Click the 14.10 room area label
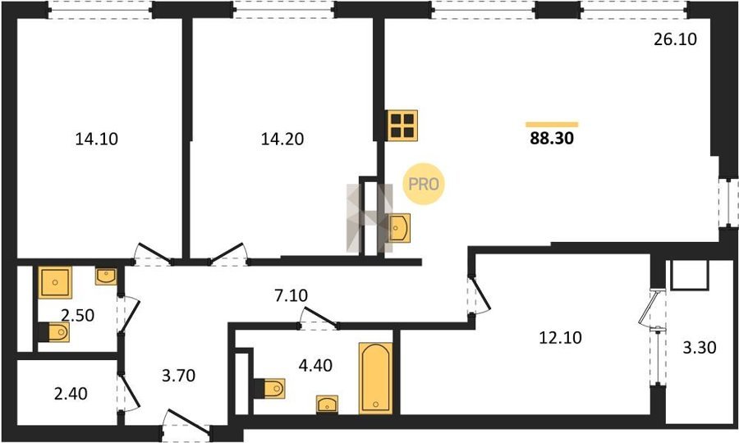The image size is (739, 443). coord(97,139)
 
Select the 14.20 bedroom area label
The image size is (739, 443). coord(282,139)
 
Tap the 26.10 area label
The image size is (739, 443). coord(675,39)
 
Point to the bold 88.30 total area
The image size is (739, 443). coord(552,139)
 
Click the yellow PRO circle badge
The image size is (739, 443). coord(424,184)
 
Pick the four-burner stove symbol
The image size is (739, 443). coord(403,125)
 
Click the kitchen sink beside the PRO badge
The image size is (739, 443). coord(399,228)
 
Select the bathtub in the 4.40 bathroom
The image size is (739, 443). coord(375,378)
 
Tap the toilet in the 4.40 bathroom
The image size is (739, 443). coord(269,388)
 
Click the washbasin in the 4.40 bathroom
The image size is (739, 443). coord(327,404)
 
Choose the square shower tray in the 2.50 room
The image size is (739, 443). coord(55,282)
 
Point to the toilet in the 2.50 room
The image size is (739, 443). coord(53,332)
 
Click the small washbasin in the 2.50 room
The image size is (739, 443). coord(106,276)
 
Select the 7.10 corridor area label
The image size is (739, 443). coord(291,295)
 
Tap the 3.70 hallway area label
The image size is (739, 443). coord(178,376)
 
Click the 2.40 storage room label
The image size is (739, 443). coord(71,393)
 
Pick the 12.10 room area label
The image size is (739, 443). coord(560,337)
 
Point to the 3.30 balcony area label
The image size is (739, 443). coord(700,348)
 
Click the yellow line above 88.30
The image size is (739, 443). coord(552,124)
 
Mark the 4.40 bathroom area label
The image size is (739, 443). coord(315,365)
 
